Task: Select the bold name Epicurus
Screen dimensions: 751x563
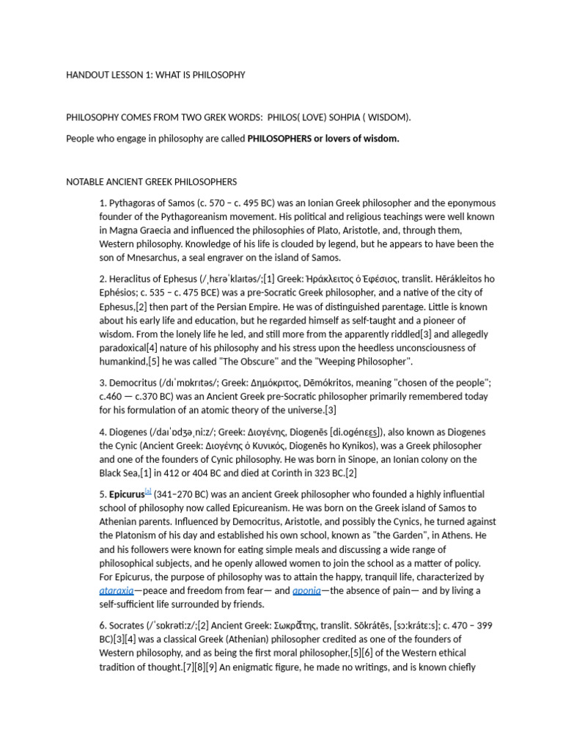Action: pyautogui.click(x=126, y=494)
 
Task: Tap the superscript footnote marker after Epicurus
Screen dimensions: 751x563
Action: pyautogui.click(x=147, y=491)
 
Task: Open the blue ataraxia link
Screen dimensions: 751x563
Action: pyautogui.click(x=117, y=590)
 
